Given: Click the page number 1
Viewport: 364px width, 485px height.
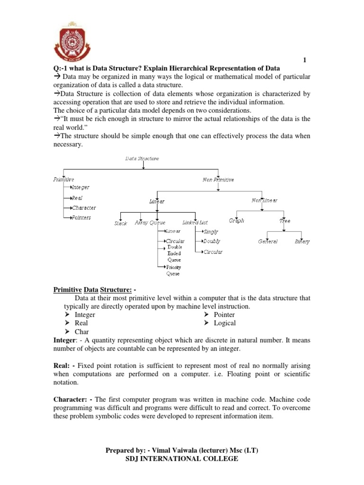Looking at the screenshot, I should [x=305, y=59].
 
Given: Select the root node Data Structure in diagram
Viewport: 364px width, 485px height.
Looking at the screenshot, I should [x=142, y=159].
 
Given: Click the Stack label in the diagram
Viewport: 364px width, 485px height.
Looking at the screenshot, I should [x=121, y=224].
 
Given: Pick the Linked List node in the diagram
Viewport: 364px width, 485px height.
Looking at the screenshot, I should [x=195, y=222].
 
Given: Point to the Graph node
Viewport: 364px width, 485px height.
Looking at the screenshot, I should [x=237, y=221].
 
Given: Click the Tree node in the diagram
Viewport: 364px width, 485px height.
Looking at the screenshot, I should [x=285, y=221].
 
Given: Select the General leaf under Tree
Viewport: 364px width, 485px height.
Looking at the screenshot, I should [x=268, y=242].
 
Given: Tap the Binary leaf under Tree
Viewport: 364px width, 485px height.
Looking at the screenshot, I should [x=302, y=242].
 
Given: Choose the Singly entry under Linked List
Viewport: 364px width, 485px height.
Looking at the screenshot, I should [x=211, y=232].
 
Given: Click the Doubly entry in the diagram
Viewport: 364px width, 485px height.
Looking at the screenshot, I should [x=212, y=242].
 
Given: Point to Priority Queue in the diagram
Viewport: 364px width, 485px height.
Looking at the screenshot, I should [x=173, y=270].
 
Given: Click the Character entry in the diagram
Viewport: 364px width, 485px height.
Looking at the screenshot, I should [x=83, y=207].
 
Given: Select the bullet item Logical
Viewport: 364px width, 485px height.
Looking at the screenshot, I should [x=225, y=323].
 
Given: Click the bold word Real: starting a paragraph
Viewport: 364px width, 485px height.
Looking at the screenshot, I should [x=64, y=366].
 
